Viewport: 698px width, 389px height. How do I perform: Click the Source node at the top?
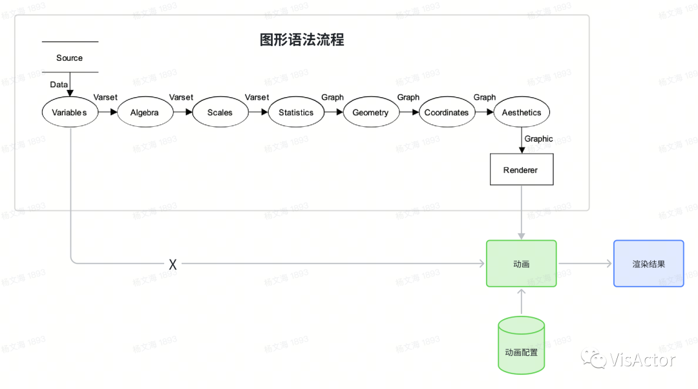coord(70,58)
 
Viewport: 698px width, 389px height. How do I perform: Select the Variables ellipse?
coord(69,113)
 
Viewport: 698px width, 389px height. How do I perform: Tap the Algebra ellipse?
coord(144,113)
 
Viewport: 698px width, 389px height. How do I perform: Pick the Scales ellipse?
coord(220,113)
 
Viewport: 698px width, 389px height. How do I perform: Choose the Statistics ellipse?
coord(296,113)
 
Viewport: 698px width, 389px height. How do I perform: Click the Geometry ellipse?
coord(370,113)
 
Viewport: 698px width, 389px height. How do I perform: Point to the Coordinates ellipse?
coord(447,113)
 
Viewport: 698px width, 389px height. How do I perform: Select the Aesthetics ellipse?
coord(522,113)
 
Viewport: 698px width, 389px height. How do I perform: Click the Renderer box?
coord(521,170)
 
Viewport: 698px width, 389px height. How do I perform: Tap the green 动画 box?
coord(521,263)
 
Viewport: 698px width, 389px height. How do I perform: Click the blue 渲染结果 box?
coord(648,263)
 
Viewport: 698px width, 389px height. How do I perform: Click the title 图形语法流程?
coord(302,40)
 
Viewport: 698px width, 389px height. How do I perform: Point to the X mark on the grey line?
coord(173,264)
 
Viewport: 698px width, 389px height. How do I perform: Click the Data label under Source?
coord(59,85)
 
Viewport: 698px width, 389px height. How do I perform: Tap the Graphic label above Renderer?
coord(539,139)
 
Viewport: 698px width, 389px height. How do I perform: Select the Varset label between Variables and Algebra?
coord(105,97)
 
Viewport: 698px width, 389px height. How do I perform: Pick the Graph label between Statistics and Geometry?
coord(333,97)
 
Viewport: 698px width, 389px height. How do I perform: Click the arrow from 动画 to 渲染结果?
coord(585,263)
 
